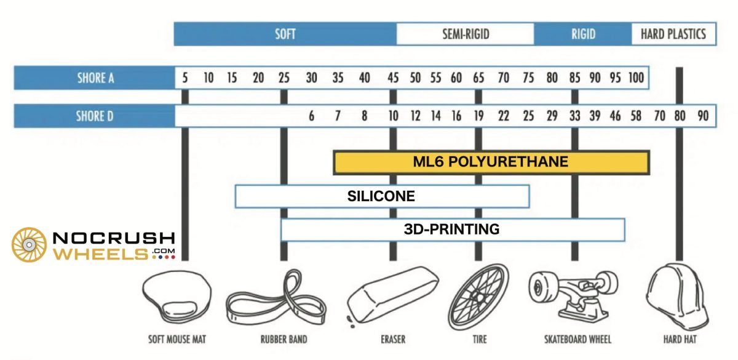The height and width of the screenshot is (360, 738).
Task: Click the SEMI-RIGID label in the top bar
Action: coord(466,34)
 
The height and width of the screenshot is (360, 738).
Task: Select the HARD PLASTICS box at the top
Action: coord(674,34)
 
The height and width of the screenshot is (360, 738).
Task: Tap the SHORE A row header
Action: coord(95,78)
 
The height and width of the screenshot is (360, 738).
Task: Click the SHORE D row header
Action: coord(95,116)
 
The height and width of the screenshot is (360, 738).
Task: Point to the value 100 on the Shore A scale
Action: coord(636,78)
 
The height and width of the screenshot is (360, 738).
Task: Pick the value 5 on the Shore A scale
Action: coord(185,78)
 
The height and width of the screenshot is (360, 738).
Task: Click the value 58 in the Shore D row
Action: coord(636,116)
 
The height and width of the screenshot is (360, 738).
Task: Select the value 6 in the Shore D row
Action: coord(311,116)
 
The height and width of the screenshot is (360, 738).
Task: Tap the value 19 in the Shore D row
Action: coord(478,116)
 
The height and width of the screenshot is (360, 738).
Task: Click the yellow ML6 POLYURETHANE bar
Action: coord(491,162)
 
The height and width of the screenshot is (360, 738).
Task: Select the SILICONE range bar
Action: coord(382,196)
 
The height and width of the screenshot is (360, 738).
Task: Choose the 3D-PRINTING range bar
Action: coord(453,230)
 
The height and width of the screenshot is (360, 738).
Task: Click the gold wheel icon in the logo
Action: coord(29,245)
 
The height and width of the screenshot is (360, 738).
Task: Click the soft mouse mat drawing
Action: coord(177,297)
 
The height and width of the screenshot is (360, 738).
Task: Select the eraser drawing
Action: coord(392,297)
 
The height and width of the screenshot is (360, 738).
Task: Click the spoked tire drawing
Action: coord(478,297)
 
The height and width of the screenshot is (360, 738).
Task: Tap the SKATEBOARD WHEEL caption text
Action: coord(577,339)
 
